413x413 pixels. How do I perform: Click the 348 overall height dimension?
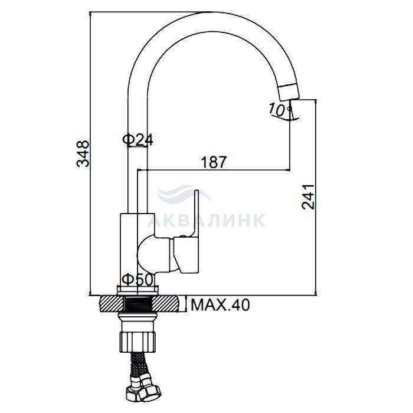click(83, 154)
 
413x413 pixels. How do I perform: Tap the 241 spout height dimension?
click(308, 196)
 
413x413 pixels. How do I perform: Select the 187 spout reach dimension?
click(214, 162)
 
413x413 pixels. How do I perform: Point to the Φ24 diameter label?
click(137, 140)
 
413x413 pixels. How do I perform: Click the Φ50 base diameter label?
click(137, 280)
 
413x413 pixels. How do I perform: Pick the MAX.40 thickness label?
click(220, 305)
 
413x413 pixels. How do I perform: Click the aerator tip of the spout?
click(290, 91)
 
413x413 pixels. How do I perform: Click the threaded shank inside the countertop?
click(137, 303)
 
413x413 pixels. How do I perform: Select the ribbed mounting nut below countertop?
click(137, 342)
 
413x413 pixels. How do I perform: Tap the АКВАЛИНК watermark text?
click(206, 220)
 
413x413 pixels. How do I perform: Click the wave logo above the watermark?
click(184, 194)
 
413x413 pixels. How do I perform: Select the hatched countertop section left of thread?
click(112, 303)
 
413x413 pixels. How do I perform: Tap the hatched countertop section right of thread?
click(166, 303)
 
